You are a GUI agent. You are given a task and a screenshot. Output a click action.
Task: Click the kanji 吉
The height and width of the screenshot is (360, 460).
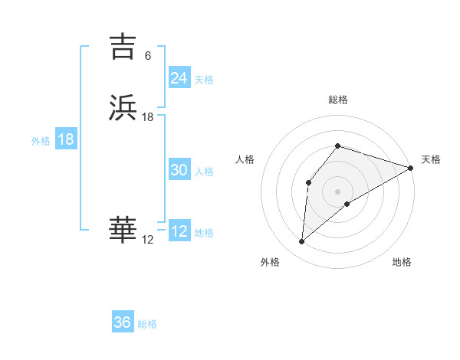123,47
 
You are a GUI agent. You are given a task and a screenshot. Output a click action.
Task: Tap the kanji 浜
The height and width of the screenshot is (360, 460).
123,108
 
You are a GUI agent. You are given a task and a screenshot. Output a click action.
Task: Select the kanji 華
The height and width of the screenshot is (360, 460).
123,231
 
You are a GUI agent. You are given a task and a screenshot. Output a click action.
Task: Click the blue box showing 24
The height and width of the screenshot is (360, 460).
179,78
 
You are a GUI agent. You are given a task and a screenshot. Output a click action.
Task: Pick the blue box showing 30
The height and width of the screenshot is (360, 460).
179,171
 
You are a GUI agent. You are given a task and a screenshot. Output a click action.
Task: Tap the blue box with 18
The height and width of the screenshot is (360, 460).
65,140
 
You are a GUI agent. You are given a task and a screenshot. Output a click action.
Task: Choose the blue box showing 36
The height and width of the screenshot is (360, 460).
122,322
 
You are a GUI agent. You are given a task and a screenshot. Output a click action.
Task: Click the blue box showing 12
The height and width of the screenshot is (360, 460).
179,232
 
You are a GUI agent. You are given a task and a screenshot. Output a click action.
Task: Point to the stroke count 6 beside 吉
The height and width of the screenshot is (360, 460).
147,56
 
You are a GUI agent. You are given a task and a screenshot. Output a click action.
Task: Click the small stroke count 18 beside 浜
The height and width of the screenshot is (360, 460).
148,117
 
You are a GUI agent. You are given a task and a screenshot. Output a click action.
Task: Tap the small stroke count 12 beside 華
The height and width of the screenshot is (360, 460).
147,240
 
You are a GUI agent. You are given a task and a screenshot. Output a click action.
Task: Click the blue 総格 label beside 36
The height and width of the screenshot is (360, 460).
147,324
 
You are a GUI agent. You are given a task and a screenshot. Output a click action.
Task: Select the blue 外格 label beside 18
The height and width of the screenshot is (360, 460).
41,141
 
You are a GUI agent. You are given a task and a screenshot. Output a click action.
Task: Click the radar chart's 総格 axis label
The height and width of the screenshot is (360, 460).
338,100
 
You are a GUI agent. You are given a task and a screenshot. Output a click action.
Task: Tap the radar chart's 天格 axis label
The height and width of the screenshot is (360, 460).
431,159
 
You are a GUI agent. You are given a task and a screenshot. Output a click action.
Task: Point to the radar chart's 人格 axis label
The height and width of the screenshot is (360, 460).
245,159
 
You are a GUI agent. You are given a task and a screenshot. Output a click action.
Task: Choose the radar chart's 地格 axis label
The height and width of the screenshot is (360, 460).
402,262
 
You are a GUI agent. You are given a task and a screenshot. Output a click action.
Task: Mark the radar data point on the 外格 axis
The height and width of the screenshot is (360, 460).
302,242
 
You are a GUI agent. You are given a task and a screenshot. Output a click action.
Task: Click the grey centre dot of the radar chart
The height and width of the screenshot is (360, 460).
337,191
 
